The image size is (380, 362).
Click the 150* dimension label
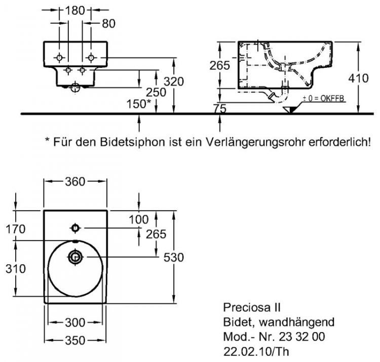coord(138,104)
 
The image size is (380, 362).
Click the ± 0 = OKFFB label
coord(323,98)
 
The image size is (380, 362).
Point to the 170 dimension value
coord(16,229)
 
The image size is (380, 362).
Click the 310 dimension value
coord(16,268)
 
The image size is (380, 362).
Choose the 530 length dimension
coord(173,257)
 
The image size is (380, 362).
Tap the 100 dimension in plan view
coord(139,220)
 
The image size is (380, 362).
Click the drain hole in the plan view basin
coord(75,258)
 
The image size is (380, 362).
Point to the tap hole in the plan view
coord(75,226)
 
